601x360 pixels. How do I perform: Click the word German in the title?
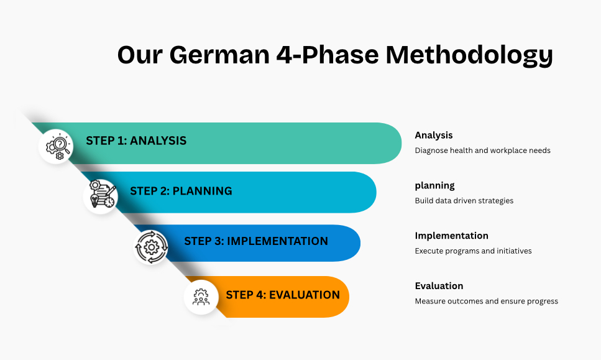pos(219,55)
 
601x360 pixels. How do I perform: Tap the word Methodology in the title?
pos(469,56)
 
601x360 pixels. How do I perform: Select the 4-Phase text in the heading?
pos(328,55)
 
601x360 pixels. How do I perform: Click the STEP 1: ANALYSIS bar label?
pos(136,141)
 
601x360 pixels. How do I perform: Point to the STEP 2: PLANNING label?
pos(181,191)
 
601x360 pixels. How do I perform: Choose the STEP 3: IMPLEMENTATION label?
pos(256,241)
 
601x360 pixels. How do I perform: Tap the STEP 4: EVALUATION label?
pos(283,295)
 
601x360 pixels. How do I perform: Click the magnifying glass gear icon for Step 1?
pos(58,147)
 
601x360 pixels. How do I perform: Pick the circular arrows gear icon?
pos(152,247)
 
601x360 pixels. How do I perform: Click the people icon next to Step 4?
pos(201,297)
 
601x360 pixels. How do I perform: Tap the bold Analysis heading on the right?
pos(433,136)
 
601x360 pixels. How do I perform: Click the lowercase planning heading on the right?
pos(434,186)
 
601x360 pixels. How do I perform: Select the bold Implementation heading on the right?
pos(451,236)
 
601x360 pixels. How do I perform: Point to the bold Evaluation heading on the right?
pos(439,286)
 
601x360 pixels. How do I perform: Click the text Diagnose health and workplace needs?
pos(482,150)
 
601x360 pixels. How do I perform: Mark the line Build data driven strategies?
pos(464,201)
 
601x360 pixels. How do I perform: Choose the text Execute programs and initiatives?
pos(473,251)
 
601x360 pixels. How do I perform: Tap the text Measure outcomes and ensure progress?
pos(487,302)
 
